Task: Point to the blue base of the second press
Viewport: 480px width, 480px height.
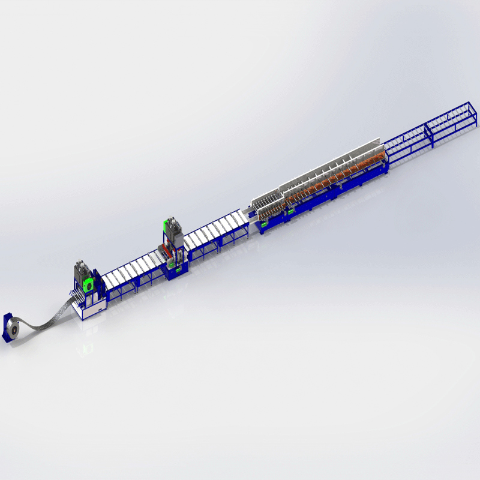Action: [175, 271]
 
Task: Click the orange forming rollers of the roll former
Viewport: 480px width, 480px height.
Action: [336, 174]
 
